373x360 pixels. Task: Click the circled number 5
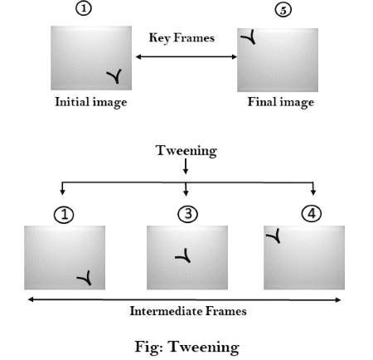(x=283, y=10)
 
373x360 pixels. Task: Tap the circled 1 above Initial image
(x=84, y=8)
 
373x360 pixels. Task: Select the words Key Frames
(x=182, y=38)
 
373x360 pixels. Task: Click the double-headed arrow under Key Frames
(x=186, y=56)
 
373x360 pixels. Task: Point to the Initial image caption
(x=91, y=102)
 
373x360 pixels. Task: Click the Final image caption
(x=281, y=102)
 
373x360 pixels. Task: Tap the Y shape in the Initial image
(x=115, y=75)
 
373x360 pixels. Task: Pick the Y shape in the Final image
(x=249, y=37)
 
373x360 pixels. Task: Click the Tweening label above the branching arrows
(x=186, y=151)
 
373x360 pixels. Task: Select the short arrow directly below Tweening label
(x=186, y=167)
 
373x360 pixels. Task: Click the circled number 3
(x=188, y=214)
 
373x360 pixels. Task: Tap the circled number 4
(x=312, y=213)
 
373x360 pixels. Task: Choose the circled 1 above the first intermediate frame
(x=64, y=215)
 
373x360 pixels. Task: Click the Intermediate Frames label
(x=188, y=311)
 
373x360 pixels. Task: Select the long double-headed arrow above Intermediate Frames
(x=184, y=299)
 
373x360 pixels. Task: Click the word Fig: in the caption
(x=148, y=348)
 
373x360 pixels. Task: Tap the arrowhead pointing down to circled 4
(x=313, y=192)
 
